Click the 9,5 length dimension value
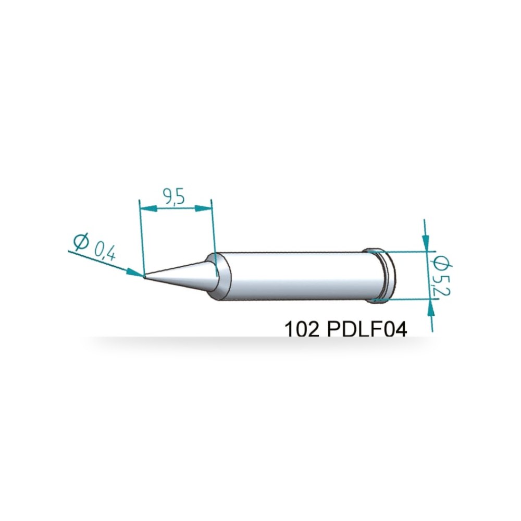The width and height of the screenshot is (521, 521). [x=173, y=197]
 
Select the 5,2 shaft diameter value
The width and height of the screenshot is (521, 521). [x=444, y=286]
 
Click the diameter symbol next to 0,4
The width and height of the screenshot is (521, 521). [x=81, y=242]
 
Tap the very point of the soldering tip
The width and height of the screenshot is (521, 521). [x=144, y=276]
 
